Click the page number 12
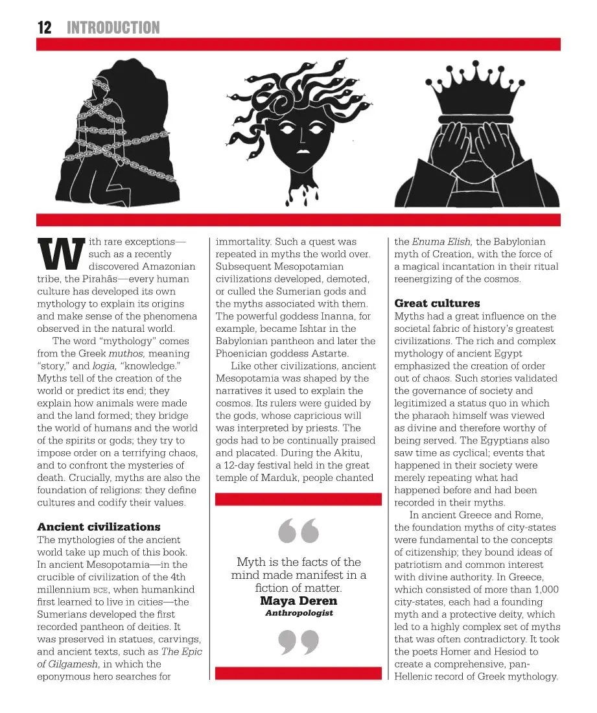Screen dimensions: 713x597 pyautogui.click(x=44, y=27)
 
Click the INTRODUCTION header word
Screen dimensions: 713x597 pyautogui.click(x=113, y=27)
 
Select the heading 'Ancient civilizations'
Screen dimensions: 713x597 pyautogui.click(x=99, y=527)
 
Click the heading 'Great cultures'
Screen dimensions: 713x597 pyautogui.click(x=437, y=303)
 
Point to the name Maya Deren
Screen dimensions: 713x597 pyautogui.click(x=298, y=601)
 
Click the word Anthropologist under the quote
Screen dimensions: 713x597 pyautogui.click(x=299, y=613)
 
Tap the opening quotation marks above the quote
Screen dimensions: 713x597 pyautogui.click(x=299, y=530)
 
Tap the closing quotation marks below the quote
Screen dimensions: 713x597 pyautogui.click(x=299, y=642)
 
